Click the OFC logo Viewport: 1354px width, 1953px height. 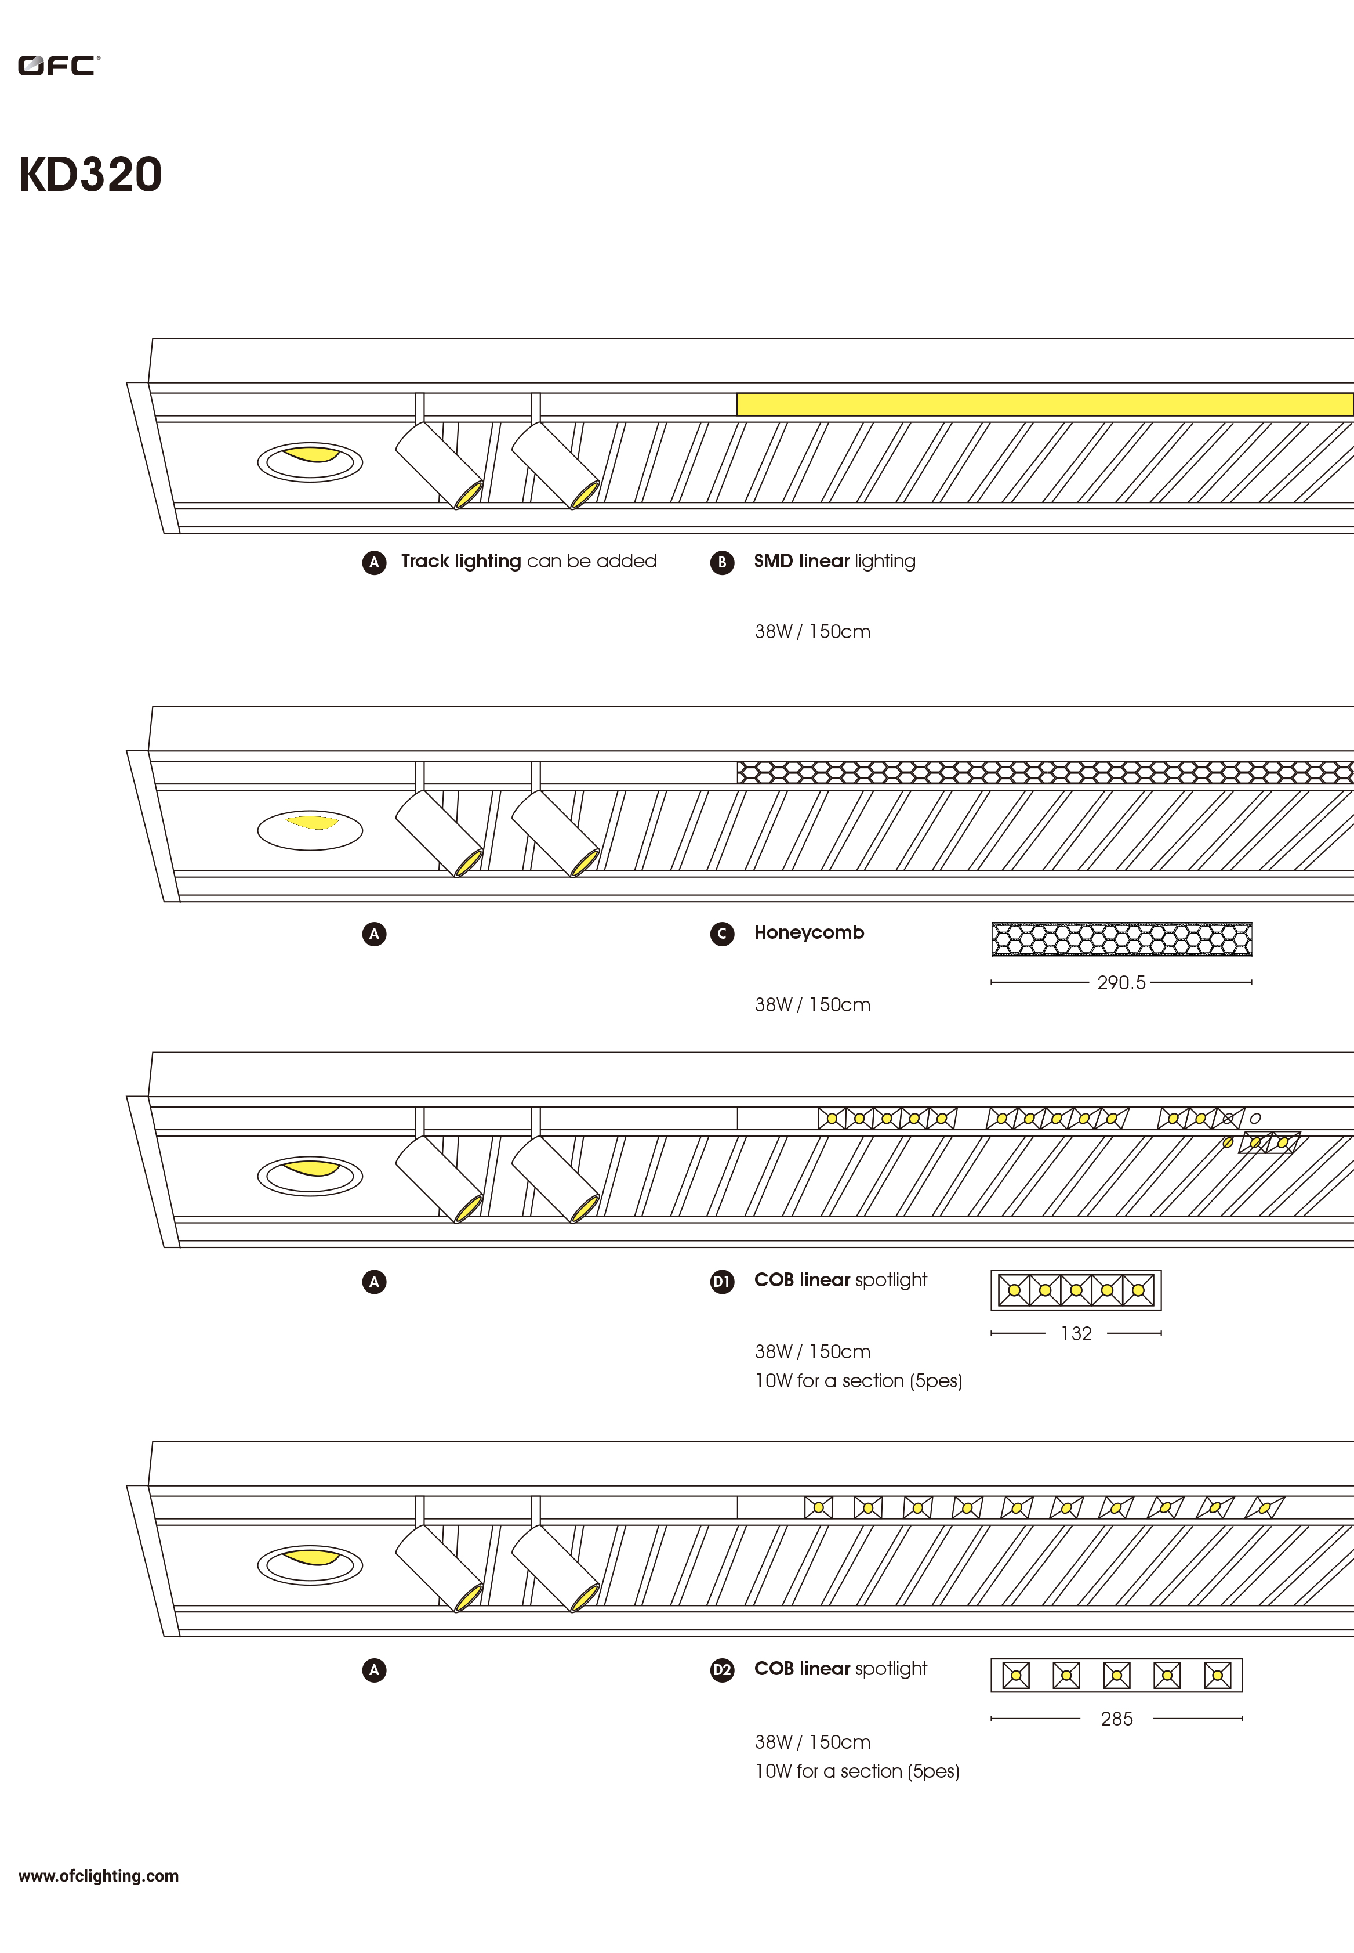click(59, 66)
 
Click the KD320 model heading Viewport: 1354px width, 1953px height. click(90, 175)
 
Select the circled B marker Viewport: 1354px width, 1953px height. click(722, 562)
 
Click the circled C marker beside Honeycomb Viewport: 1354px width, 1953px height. click(722, 934)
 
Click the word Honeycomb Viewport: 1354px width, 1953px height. click(808, 932)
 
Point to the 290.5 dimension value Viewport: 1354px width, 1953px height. click(1121, 982)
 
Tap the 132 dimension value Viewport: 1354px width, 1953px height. click(1076, 1333)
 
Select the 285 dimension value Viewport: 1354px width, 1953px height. click(1116, 1719)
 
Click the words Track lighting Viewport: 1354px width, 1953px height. click(460, 561)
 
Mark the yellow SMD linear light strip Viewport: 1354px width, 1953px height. click(1044, 404)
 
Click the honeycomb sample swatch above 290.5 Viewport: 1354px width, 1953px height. click(1121, 939)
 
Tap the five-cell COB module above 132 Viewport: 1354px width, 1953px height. click(1076, 1290)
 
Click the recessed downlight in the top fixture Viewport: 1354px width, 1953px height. click(310, 462)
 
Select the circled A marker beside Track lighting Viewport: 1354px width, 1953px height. click(374, 562)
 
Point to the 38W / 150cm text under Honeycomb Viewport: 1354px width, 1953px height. click(812, 1005)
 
